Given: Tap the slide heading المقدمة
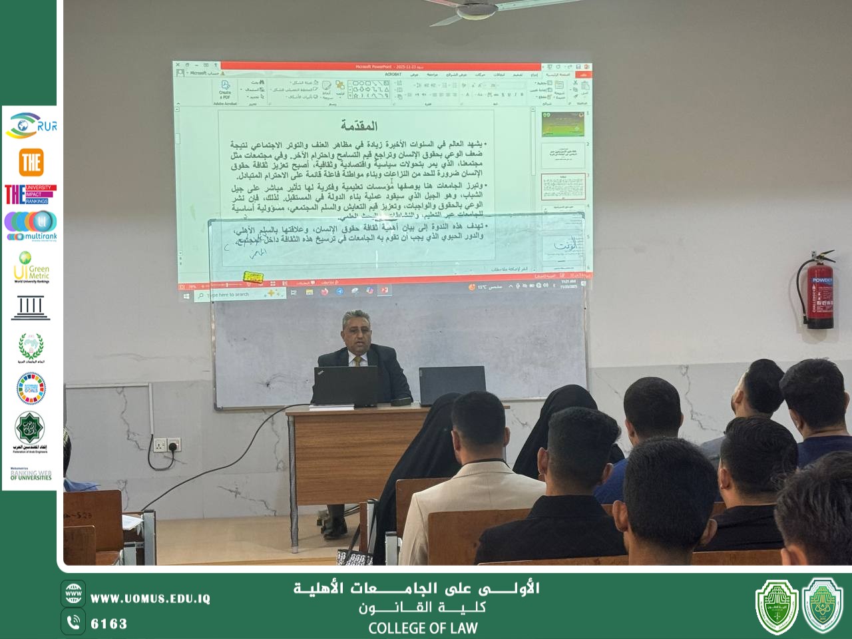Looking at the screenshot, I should tap(359, 126).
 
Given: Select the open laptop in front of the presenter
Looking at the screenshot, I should tap(345, 386).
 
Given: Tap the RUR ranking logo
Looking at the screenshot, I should tap(30, 126).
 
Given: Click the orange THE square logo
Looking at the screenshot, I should tap(31, 162).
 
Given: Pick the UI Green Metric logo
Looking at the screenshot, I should tap(31, 267).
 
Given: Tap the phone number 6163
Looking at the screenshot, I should tap(108, 624).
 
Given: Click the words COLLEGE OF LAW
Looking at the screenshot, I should tap(423, 628).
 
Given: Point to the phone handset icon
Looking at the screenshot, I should tap(73, 622).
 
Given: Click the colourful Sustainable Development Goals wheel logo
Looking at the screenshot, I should tap(30, 387).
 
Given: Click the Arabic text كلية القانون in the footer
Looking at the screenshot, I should tap(423, 608).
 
